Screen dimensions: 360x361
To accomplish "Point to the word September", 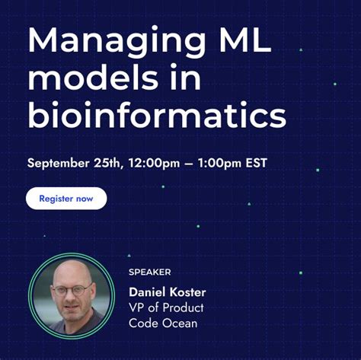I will tap(60, 163).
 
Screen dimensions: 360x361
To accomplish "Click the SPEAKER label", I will tap(149, 272).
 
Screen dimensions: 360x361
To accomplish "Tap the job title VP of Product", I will tap(166, 308).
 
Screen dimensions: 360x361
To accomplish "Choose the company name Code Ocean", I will tap(164, 324).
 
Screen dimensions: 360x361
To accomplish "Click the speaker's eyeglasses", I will tap(66, 292).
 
